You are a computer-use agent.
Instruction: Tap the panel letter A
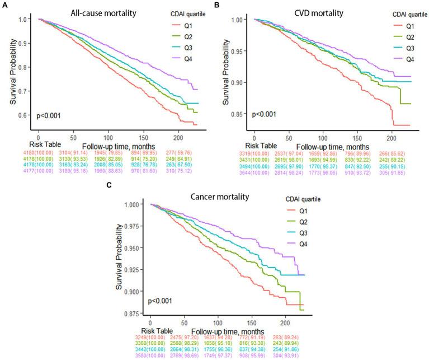pos(4,5)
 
